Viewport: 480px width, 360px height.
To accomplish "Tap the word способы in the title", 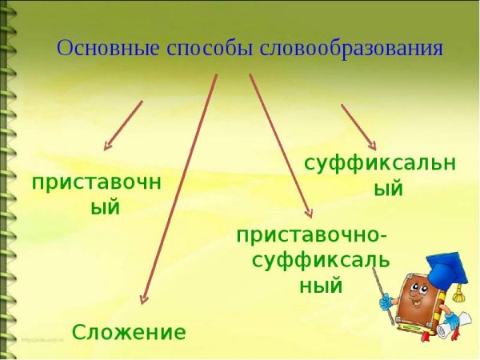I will point(209,48).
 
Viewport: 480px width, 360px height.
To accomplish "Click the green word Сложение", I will point(129,332).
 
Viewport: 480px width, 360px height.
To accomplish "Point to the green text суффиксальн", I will point(379,162).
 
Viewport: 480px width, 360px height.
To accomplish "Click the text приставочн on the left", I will point(97,183).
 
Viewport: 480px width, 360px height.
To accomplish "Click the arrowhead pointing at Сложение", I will point(143,299).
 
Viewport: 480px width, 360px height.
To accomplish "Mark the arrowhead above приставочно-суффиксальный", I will point(310,212).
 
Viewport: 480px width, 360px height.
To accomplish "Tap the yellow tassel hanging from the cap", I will point(458,295).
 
